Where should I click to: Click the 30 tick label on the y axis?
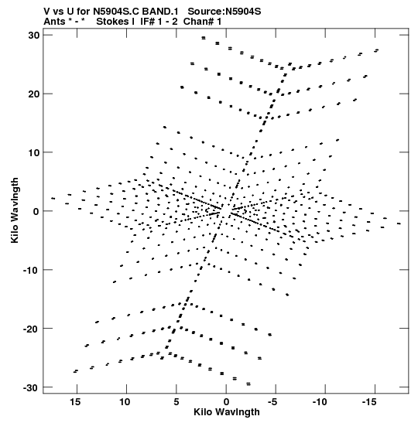34,36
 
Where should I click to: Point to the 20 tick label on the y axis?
34,94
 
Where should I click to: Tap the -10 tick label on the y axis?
32,270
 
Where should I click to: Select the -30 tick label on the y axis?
32,387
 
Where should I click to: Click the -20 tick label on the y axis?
32,329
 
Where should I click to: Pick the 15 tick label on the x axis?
75,402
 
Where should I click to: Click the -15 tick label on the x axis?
369,402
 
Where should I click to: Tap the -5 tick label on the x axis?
272,402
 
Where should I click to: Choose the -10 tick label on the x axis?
320,402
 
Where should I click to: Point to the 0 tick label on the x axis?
226,402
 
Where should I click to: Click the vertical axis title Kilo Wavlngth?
15,210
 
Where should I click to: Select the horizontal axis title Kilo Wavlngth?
227,412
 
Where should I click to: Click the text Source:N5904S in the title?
224,12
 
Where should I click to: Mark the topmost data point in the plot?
204,38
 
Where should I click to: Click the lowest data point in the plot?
248,384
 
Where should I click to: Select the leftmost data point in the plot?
53,198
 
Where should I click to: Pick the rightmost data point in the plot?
399,223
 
